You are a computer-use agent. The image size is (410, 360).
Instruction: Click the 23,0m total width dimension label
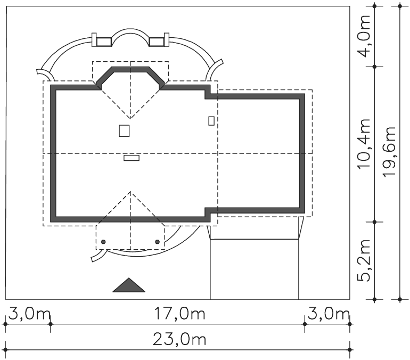coord(179,339)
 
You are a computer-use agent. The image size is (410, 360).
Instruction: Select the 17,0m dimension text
coord(179,314)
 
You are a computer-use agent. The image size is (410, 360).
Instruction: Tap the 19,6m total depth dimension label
coord(390,152)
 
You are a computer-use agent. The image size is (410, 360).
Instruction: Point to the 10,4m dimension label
coord(364,144)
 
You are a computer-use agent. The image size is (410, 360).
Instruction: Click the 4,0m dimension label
coord(364,36)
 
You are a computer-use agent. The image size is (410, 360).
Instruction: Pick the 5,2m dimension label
coord(364,260)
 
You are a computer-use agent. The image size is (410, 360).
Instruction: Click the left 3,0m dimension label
coord(29,314)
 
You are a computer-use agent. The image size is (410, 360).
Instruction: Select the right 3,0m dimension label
coord(329,314)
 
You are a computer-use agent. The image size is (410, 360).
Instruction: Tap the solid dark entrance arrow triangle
coord(129,285)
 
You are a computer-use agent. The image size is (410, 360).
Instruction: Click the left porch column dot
coord(103,242)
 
